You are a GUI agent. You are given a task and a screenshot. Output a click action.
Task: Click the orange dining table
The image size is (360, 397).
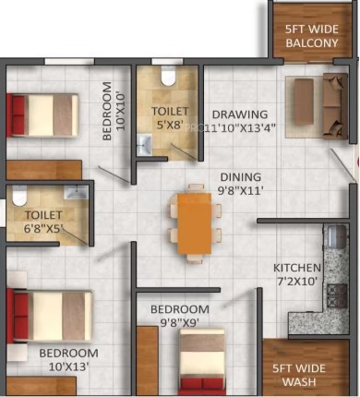[195, 223]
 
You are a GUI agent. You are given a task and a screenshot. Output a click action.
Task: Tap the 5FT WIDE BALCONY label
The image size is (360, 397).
[312, 36]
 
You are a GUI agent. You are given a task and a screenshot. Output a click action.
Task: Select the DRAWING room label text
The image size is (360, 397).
[240, 114]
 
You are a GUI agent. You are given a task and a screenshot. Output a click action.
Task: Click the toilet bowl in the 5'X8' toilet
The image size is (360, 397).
[168, 76]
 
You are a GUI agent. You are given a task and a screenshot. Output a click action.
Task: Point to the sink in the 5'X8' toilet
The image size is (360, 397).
[144, 145]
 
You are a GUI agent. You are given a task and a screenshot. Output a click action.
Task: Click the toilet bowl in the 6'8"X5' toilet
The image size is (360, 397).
[19, 196]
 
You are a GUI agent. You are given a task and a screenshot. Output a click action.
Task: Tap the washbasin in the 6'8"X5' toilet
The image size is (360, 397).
[76, 192]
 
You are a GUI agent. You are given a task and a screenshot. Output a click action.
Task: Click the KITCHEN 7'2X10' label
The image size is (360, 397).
[297, 274]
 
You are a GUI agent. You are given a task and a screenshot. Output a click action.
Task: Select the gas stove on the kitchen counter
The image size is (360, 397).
[337, 296]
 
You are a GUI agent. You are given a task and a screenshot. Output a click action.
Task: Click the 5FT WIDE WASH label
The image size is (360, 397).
[299, 375]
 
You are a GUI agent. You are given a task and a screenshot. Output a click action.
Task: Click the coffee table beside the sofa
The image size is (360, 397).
[304, 102]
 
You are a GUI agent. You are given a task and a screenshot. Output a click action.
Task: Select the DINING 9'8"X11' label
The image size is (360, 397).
[240, 184]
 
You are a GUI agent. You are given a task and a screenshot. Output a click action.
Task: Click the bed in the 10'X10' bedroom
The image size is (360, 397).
[42, 114]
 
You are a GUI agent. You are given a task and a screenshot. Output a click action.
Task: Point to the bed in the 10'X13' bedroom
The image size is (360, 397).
[49, 316]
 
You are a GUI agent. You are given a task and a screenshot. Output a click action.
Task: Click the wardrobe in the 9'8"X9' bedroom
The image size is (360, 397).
[147, 361]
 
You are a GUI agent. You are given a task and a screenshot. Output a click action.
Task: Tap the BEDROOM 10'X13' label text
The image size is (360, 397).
[68, 360]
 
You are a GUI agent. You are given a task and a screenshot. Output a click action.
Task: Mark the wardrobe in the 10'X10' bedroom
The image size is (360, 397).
[44, 170]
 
